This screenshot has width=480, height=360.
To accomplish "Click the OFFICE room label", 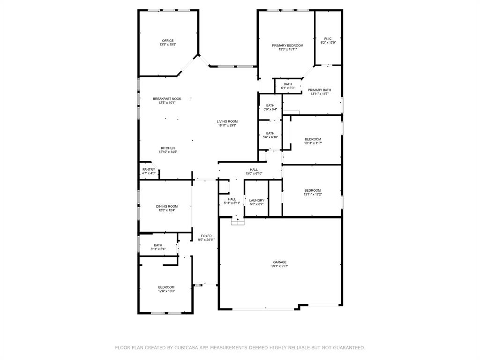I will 168,41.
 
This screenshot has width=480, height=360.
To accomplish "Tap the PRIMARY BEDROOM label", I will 287,45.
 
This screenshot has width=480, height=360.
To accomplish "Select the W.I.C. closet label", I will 328,39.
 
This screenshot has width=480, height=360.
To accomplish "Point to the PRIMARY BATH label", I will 319,90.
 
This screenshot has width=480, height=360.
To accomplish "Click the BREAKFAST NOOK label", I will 167,99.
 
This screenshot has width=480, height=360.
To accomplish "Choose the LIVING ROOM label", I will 227,121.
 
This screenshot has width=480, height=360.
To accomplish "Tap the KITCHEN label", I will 168,148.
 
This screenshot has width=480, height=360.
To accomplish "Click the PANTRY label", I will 149,170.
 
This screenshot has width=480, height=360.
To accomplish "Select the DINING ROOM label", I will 167,206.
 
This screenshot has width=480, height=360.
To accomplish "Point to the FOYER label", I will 206,236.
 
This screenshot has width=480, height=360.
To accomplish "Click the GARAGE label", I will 280,262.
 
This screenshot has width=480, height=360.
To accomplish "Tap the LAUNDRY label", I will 256,200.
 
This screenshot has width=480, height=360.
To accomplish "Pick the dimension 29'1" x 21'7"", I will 280,266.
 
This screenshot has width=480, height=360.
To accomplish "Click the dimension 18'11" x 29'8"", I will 227,126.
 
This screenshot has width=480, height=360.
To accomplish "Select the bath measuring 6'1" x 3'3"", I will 288,86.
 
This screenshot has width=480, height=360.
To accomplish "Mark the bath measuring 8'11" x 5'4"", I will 158,247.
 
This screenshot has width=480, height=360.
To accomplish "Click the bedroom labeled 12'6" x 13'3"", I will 166,289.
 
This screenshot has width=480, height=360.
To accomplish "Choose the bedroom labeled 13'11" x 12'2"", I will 312,192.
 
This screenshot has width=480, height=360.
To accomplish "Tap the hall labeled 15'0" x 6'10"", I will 254,172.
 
